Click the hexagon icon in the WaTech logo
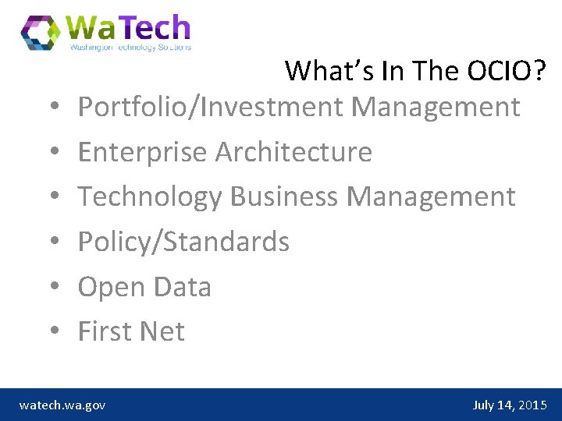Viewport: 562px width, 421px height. click(41, 32)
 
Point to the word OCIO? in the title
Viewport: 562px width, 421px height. click(507, 71)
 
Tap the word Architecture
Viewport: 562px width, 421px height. click(293, 151)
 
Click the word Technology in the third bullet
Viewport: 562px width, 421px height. click(150, 196)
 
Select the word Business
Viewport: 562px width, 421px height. click(284, 196)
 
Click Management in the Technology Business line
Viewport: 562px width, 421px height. click(431, 196)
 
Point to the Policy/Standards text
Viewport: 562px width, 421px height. click(183, 242)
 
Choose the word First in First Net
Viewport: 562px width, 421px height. click(101, 331)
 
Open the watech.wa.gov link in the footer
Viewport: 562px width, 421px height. click(62, 405)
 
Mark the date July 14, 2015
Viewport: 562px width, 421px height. click(510, 405)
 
